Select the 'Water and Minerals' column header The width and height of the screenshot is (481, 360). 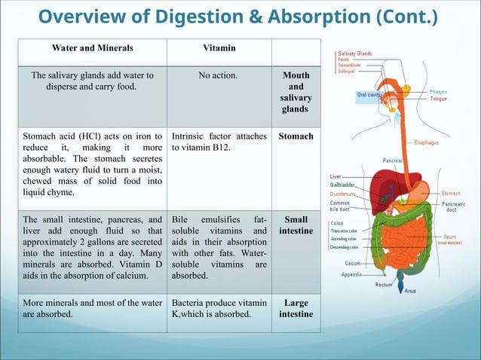pyautogui.click(x=92, y=48)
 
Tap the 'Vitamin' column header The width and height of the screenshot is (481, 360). pyautogui.click(x=219, y=48)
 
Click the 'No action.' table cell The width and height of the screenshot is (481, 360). pyautogui.click(x=219, y=75)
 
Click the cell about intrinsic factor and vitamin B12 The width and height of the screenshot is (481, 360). pyautogui.click(x=219, y=143)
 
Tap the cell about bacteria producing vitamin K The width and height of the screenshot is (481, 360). pyautogui.click(x=219, y=309)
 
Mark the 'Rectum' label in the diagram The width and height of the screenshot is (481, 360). pyautogui.click(x=384, y=285)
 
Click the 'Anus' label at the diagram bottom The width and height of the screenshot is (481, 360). pyautogui.click(x=410, y=291)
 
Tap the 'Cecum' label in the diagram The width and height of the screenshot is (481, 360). pyautogui.click(x=353, y=264)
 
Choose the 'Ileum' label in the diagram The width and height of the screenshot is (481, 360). pyautogui.click(x=449, y=236)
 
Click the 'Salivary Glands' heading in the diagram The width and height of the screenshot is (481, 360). pyautogui.click(x=355, y=53)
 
